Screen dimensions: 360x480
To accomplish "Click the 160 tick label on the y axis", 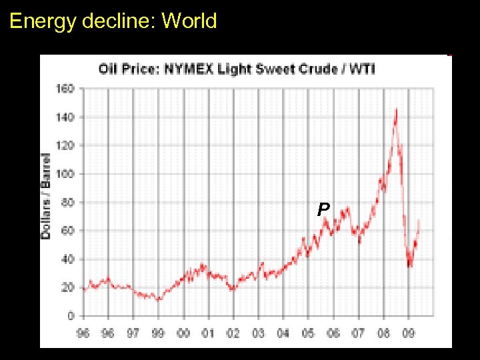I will point(65,88).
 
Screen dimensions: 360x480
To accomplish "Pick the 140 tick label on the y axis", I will point(65,117).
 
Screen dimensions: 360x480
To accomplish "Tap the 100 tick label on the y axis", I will point(65,173).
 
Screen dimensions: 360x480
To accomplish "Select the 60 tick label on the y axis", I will point(68,231).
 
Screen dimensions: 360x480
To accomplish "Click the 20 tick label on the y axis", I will point(68,287).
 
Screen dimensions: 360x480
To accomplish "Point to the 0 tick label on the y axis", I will point(71,316).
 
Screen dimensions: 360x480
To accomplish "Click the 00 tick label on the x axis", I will point(183,333).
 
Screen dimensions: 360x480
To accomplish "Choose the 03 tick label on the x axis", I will point(258,333).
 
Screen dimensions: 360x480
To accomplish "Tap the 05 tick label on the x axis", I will point(308,333).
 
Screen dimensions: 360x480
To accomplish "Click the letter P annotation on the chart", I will point(323,210).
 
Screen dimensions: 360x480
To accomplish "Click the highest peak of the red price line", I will point(396,109).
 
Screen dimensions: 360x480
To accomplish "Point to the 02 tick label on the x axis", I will point(233,333).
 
